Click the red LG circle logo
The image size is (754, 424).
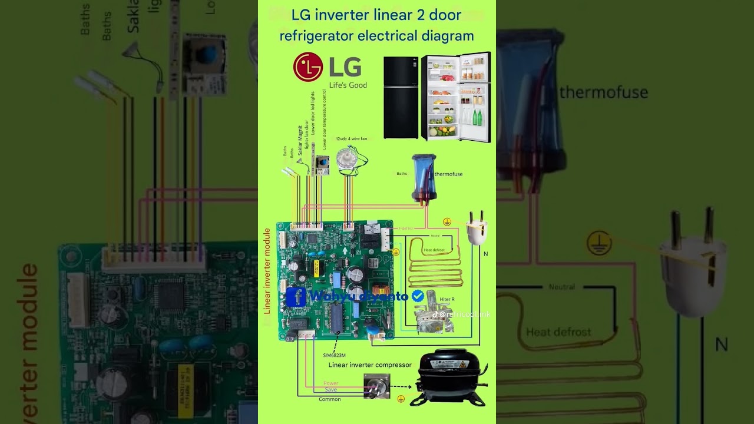(308, 67)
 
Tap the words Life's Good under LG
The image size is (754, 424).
(348, 85)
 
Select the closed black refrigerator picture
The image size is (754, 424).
(401, 97)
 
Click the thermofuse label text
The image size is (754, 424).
(448, 174)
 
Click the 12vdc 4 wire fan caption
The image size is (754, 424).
(352, 139)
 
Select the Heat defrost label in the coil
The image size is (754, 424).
(435, 250)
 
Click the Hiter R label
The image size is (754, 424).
(447, 299)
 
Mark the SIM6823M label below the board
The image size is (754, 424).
(333, 355)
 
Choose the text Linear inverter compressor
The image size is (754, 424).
(370, 365)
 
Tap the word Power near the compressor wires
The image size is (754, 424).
(331, 383)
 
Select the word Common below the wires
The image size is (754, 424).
(330, 399)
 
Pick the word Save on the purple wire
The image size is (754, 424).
(331, 390)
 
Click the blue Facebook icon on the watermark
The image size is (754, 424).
(296, 297)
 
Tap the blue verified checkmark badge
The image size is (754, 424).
(418, 296)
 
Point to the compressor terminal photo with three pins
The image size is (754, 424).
(376, 387)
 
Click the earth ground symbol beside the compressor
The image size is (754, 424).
(401, 399)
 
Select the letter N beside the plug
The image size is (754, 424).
(486, 254)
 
